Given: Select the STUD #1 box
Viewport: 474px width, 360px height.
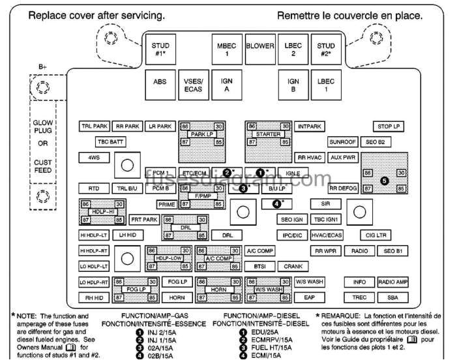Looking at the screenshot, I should point(160,50).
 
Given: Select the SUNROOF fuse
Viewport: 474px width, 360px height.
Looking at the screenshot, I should point(342,142).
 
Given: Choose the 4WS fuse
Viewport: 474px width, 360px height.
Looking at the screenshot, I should point(89,158).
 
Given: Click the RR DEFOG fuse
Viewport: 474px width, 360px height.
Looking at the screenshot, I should point(343,188).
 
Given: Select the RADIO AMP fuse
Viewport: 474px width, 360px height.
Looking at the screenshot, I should point(393,282).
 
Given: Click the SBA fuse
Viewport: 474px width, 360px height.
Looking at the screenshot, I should point(393,297).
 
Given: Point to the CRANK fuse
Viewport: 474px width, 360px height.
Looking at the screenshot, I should point(293,266).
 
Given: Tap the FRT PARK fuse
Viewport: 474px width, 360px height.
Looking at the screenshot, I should point(144,220).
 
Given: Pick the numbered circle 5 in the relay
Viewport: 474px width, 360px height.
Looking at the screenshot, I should point(384,180).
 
